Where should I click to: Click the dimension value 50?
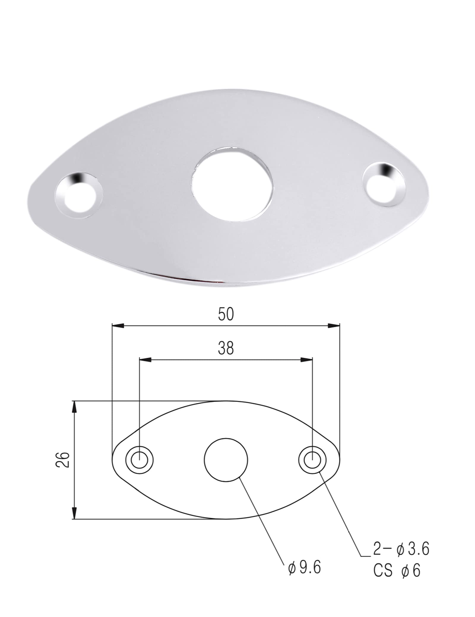point(226,314)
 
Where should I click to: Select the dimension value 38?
point(226,348)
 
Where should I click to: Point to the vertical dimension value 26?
point(63,460)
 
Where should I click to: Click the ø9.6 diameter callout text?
point(304,568)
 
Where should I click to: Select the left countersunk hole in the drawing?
point(139,460)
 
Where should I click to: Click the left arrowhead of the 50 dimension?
point(117,326)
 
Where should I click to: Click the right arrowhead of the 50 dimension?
point(334,326)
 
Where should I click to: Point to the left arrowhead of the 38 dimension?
point(145,360)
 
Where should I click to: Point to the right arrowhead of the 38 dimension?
point(307,360)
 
